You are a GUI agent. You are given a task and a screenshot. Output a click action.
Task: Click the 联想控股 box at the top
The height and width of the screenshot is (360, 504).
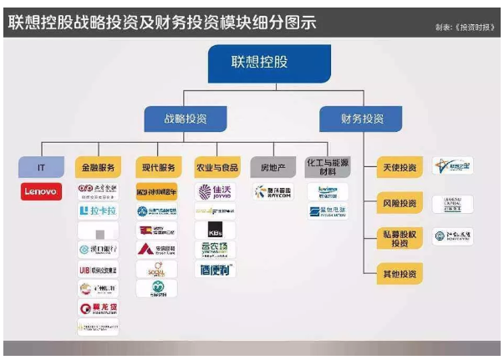[x=269, y=63]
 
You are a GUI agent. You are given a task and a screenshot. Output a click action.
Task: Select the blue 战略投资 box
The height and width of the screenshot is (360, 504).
[x=185, y=119]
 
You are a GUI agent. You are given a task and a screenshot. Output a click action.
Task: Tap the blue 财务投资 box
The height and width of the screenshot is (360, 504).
[x=361, y=119]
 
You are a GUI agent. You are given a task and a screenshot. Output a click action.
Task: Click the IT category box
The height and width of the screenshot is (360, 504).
[x=41, y=166]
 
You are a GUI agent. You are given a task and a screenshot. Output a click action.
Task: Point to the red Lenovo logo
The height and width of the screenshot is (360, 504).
[x=41, y=192]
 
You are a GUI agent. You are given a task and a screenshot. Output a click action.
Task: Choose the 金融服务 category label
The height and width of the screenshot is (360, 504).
[x=98, y=166]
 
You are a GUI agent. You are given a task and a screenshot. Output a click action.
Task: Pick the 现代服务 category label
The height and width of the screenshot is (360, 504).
[x=156, y=166]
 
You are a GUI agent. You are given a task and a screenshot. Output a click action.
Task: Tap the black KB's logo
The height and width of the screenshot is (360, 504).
[x=215, y=229]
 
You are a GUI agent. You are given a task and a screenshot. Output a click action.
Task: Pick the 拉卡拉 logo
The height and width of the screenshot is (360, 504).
[x=98, y=210]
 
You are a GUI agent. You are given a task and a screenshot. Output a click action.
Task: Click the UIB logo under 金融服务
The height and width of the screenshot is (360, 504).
[x=98, y=269]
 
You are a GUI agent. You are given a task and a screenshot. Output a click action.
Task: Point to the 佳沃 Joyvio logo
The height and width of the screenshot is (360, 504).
[x=215, y=192]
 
